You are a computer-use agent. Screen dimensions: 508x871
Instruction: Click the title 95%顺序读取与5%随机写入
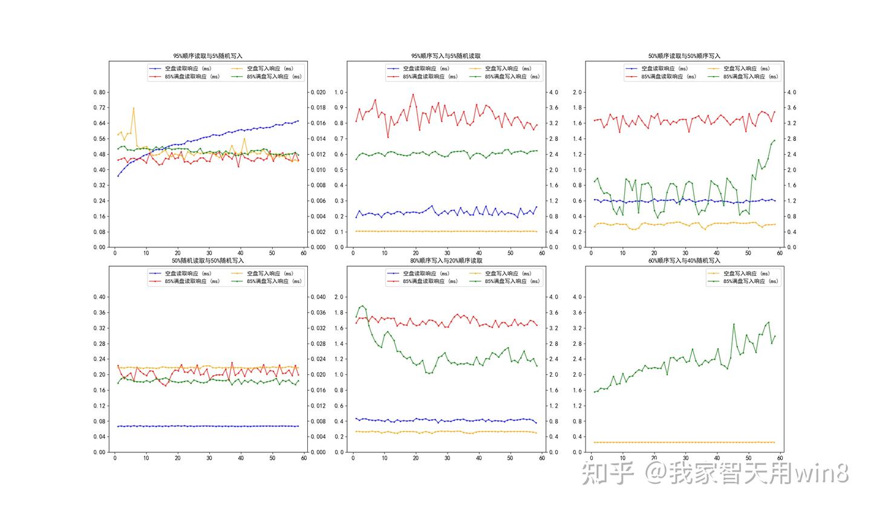[208, 56]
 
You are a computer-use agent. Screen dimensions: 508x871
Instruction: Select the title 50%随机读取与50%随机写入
[208, 261]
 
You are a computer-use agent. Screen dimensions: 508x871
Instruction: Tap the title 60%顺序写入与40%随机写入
[684, 261]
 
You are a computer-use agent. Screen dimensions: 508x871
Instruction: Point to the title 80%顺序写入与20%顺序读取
[446, 261]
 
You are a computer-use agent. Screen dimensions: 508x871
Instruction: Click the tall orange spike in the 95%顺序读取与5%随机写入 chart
[134, 108]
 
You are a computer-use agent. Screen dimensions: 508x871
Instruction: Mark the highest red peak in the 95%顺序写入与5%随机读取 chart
[413, 94]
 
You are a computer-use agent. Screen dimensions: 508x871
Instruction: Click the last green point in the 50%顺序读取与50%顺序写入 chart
[774, 141]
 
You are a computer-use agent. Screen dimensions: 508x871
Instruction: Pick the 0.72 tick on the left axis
[99, 108]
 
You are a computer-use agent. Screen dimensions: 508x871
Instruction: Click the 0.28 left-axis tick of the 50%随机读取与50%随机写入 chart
[99, 344]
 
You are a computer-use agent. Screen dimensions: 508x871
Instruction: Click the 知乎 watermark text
[607, 474]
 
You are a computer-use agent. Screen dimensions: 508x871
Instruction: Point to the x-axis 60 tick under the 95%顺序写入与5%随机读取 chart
[542, 254]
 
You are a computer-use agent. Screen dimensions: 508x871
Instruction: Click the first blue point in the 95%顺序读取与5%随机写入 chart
[118, 175]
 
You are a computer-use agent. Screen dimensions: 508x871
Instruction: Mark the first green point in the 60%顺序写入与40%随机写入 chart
[595, 392]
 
